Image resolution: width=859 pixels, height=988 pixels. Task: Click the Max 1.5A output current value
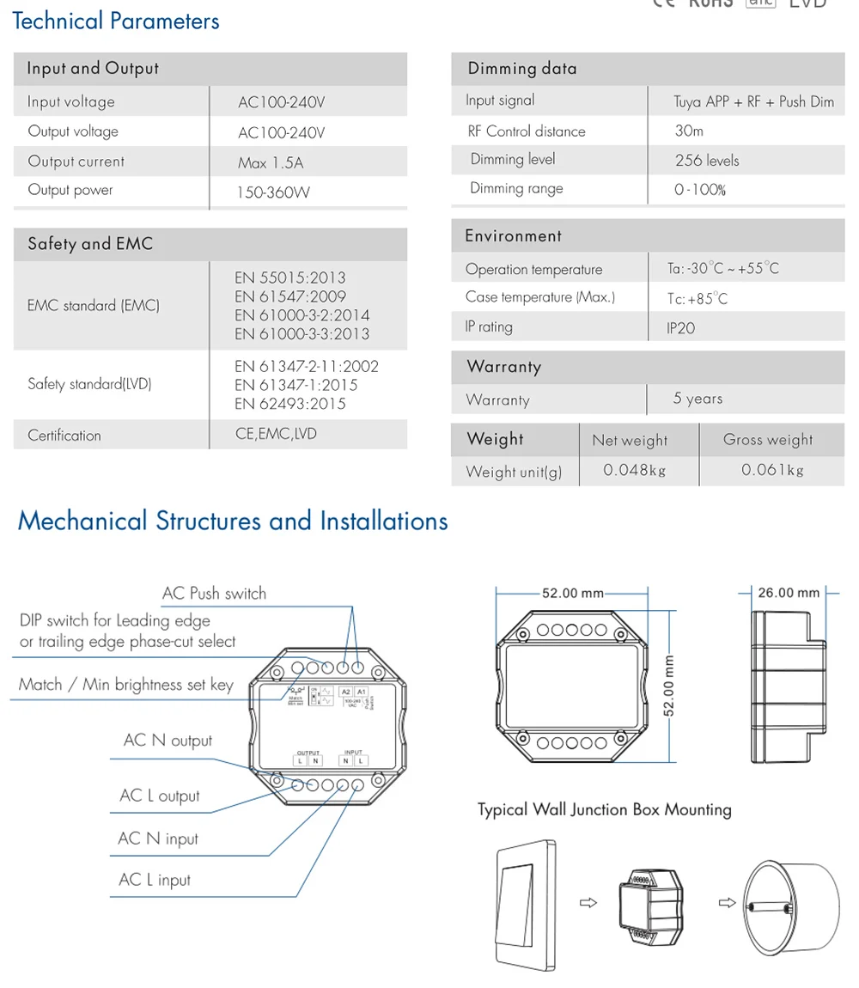click(271, 162)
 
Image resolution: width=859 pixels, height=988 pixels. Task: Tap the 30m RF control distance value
click(689, 131)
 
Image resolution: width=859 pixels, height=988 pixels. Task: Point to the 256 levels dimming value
click(706, 161)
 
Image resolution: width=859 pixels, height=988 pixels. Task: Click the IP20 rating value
click(681, 328)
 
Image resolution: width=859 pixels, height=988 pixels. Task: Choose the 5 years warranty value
click(698, 399)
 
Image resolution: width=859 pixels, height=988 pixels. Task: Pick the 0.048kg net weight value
click(634, 470)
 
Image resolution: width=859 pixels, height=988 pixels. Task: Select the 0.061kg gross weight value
click(772, 470)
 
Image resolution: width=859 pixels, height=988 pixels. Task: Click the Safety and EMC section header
click(90, 244)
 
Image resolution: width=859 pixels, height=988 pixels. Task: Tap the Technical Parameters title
click(116, 21)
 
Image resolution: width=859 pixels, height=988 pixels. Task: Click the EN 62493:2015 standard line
click(290, 404)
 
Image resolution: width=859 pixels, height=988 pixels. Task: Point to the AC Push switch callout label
click(214, 594)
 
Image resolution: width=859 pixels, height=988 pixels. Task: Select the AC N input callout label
click(158, 839)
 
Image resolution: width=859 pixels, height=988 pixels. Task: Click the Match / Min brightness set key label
click(126, 685)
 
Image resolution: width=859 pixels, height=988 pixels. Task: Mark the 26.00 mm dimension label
click(789, 593)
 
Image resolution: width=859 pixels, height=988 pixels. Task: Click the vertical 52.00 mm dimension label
click(670, 685)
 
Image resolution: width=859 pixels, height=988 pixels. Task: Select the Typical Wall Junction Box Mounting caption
click(605, 809)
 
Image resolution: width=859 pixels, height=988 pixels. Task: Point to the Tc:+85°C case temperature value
click(697, 299)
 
